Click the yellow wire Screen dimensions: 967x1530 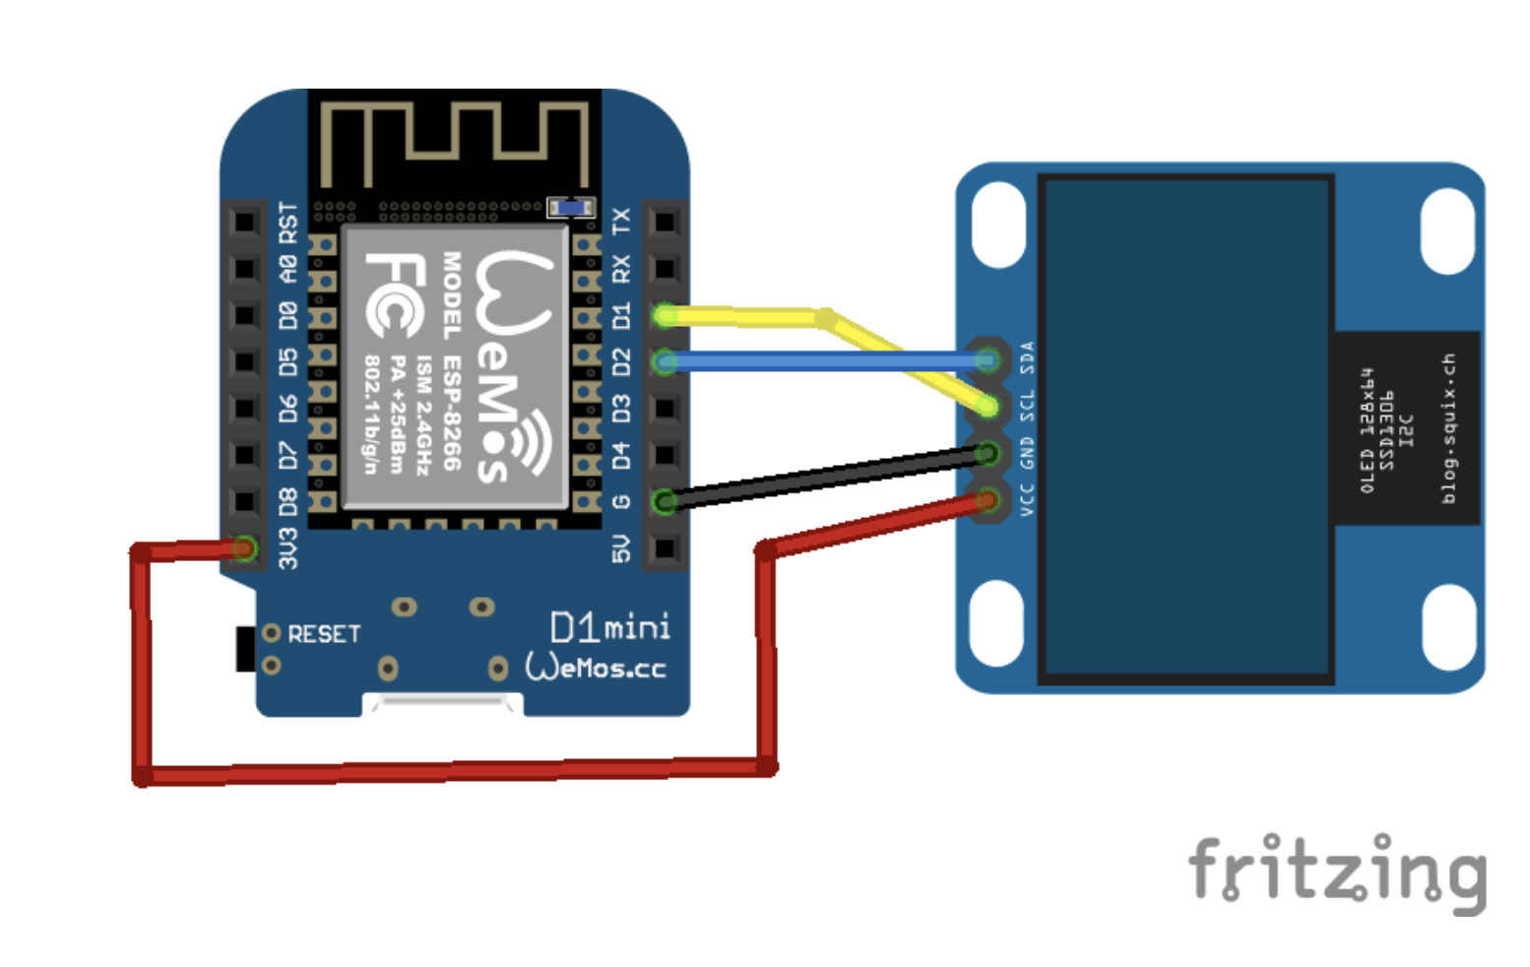(748, 316)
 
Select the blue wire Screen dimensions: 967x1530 (827, 362)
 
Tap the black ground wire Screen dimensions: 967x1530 (827, 478)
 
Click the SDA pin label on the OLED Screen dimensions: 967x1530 (1027, 356)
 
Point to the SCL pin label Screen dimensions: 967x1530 (1027, 405)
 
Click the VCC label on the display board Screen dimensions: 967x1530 (1027, 499)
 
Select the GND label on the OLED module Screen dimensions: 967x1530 (1027, 453)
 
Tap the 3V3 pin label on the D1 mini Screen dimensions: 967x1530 (287, 548)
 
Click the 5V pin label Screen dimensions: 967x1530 (621, 548)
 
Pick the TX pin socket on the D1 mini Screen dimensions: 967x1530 (665, 221)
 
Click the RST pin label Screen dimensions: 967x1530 (287, 223)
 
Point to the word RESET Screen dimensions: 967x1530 (324, 634)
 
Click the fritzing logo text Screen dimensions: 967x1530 (1337, 870)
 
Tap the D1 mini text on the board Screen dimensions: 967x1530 (610, 626)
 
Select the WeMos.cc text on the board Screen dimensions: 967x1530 (596, 667)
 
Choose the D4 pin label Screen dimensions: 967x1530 (621, 455)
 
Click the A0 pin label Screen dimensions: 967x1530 (287, 268)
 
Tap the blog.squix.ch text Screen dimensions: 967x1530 (1448, 428)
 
